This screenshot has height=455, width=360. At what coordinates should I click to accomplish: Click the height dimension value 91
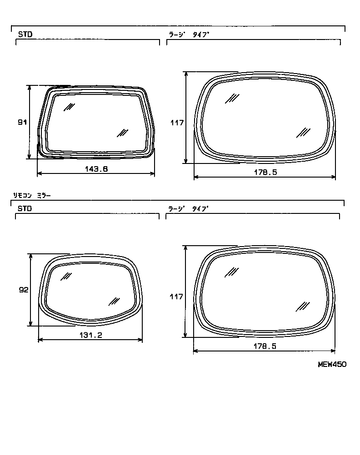coord(22,122)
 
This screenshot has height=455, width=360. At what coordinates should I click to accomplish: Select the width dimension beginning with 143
coord(96,168)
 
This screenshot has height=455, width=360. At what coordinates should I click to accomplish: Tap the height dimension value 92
coord(24,290)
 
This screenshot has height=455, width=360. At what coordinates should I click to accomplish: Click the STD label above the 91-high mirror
coord(25,34)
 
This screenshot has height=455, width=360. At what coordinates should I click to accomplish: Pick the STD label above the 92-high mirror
coord(25,209)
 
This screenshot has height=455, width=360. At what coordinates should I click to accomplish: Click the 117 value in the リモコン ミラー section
coord(176,297)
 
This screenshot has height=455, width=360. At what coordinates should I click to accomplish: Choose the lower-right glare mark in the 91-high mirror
coord(122,132)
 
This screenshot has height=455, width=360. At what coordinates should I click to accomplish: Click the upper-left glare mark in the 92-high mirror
coord(66,276)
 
